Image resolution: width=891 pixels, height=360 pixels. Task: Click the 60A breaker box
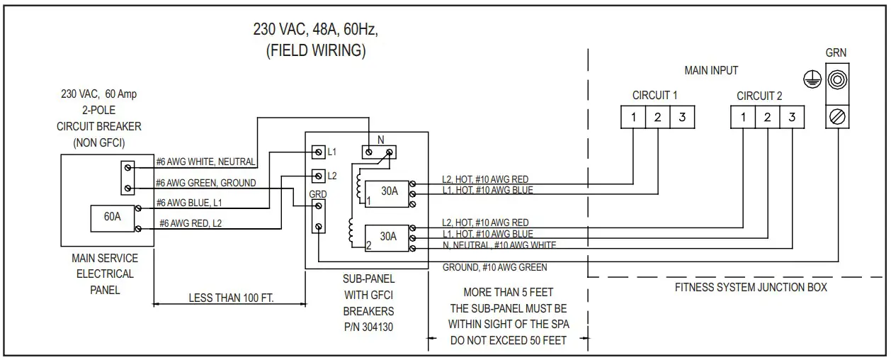pos(113,218)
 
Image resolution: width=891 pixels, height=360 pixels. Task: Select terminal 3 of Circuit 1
pos(681,116)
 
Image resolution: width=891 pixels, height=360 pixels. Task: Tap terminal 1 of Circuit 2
pos(743,117)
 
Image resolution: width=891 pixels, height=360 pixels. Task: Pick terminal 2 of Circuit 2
pos(768,117)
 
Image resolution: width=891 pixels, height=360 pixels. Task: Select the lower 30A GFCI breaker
pos(387,237)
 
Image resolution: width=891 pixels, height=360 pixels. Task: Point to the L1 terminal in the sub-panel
pos(319,152)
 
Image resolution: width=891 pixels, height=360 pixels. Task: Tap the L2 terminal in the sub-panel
pos(319,175)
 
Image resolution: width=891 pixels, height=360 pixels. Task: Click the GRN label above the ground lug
pos(836,53)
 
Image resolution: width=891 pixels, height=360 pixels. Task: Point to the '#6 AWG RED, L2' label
pos(191,223)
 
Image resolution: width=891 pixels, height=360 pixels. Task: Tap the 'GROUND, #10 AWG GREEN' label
pos(494,267)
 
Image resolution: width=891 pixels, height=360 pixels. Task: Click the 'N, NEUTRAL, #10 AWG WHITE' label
pos(499,245)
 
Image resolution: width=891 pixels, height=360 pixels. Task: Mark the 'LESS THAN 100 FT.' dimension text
pos(231,298)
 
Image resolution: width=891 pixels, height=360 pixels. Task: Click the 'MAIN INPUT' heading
pos(710,71)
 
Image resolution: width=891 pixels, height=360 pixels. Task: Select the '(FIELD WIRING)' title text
pos(316,52)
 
